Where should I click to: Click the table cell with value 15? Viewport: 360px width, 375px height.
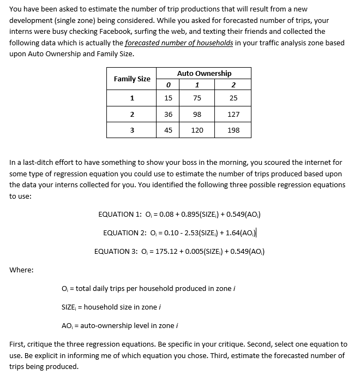168,98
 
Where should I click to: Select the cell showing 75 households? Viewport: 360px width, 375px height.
197,98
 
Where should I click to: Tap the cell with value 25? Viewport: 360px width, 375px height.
233,98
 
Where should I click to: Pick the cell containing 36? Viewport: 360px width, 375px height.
168,114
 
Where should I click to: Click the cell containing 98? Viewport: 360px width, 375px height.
197,114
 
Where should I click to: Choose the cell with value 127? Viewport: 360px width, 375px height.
233,114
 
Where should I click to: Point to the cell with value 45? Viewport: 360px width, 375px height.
168,130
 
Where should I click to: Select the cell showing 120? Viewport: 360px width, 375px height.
197,130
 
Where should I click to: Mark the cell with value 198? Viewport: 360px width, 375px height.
233,130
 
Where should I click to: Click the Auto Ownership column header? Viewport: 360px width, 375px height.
204,73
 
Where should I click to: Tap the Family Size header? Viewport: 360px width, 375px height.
132,79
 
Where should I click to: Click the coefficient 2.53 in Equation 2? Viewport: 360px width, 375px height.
186,233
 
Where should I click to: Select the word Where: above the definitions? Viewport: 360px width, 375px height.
21,270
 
